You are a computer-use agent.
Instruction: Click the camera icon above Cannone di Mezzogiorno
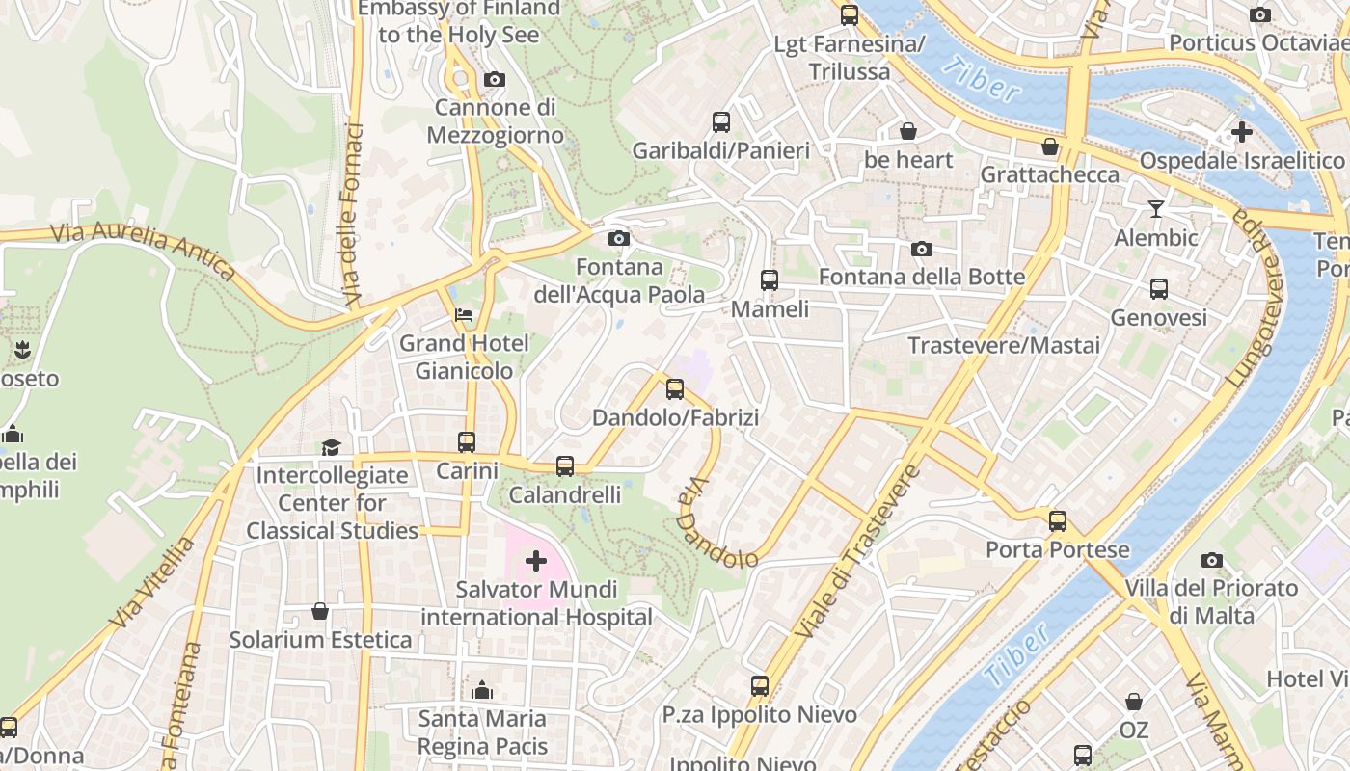pyautogui.click(x=494, y=79)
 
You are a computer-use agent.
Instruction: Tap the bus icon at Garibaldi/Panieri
pyautogui.click(x=721, y=121)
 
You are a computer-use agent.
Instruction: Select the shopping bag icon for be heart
pyautogui.click(x=907, y=131)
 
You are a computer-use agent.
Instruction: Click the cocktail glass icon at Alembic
pyautogui.click(x=1156, y=208)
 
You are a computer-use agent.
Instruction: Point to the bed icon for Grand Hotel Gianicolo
pyautogui.click(x=464, y=314)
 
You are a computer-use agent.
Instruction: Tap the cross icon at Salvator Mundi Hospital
pyautogui.click(x=536, y=560)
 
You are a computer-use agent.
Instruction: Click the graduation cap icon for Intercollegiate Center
pyautogui.click(x=331, y=447)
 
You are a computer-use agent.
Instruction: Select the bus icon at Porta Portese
pyautogui.click(x=1058, y=521)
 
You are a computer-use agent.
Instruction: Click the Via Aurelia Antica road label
pyautogui.click(x=142, y=250)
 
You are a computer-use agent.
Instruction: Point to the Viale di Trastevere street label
pyautogui.click(x=856, y=551)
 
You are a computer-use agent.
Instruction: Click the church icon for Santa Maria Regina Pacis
pyautogui.click(x=482, y=690)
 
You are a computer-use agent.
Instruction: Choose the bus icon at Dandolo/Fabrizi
pyautogui.click(x=675, y=389)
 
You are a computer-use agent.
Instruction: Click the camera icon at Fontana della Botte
pyautogui.click(x=921, y=249)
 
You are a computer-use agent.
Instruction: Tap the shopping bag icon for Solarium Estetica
pyautogui.click(x=320, y=611)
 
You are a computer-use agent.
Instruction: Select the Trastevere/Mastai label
pyautogui.click(x=1003, y=345)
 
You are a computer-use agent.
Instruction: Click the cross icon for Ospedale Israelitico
pyautogui.click(x=1242, y=131)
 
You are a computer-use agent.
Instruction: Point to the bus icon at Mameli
pyautogui.click(x=769, y=280)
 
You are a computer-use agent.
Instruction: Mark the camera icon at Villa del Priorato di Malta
pyautogui.click(x=1212, y=560)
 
